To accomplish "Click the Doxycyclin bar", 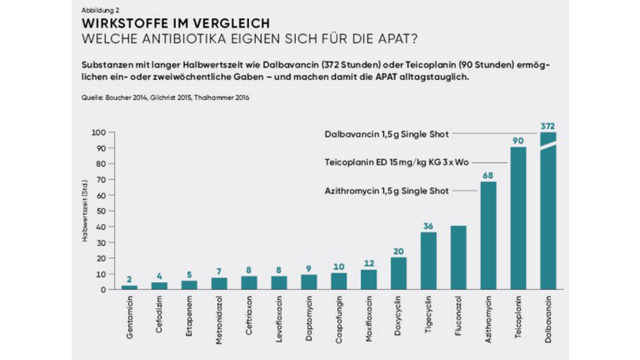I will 399,273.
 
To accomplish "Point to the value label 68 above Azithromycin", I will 489,175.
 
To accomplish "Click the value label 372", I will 548,126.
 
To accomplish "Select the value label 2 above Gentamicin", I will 129,279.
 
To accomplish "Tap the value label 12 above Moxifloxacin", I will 369,263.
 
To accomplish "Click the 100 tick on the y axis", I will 98,133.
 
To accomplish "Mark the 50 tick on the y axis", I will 100,211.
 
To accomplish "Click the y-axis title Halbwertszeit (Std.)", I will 85,211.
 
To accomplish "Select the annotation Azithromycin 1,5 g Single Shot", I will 387,191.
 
